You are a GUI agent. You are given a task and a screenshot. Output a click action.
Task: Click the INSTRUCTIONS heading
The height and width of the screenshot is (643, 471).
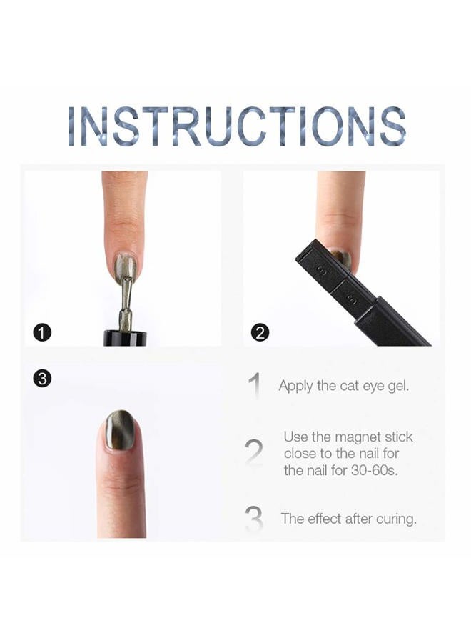coord(236,127)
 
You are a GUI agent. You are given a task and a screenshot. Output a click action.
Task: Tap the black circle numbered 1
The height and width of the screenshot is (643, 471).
coord(43,332)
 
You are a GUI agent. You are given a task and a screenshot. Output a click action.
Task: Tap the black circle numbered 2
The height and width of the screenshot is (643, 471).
coord(260,332)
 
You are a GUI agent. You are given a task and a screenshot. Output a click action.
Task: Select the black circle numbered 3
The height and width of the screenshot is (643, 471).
coord(42,379)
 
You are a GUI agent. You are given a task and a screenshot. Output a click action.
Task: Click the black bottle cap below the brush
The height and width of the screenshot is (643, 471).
coord(125,337)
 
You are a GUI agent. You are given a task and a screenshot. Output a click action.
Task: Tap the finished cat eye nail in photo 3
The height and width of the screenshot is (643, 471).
coord(118,430)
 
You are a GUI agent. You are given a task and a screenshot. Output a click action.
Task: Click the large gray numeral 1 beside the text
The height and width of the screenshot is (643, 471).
coord(254,385)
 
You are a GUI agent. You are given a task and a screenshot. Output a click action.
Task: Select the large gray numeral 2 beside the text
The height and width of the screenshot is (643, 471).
coord(253,452)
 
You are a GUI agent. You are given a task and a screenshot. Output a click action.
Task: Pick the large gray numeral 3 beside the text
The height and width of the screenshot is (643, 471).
coord(253,519)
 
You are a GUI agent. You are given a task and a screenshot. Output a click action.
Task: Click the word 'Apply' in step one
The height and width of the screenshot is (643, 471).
coord(295,387)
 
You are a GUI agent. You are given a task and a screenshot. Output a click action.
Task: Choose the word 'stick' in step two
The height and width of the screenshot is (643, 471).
coord(397,437)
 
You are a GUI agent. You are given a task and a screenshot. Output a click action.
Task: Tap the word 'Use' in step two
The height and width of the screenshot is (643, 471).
coord(295,437)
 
